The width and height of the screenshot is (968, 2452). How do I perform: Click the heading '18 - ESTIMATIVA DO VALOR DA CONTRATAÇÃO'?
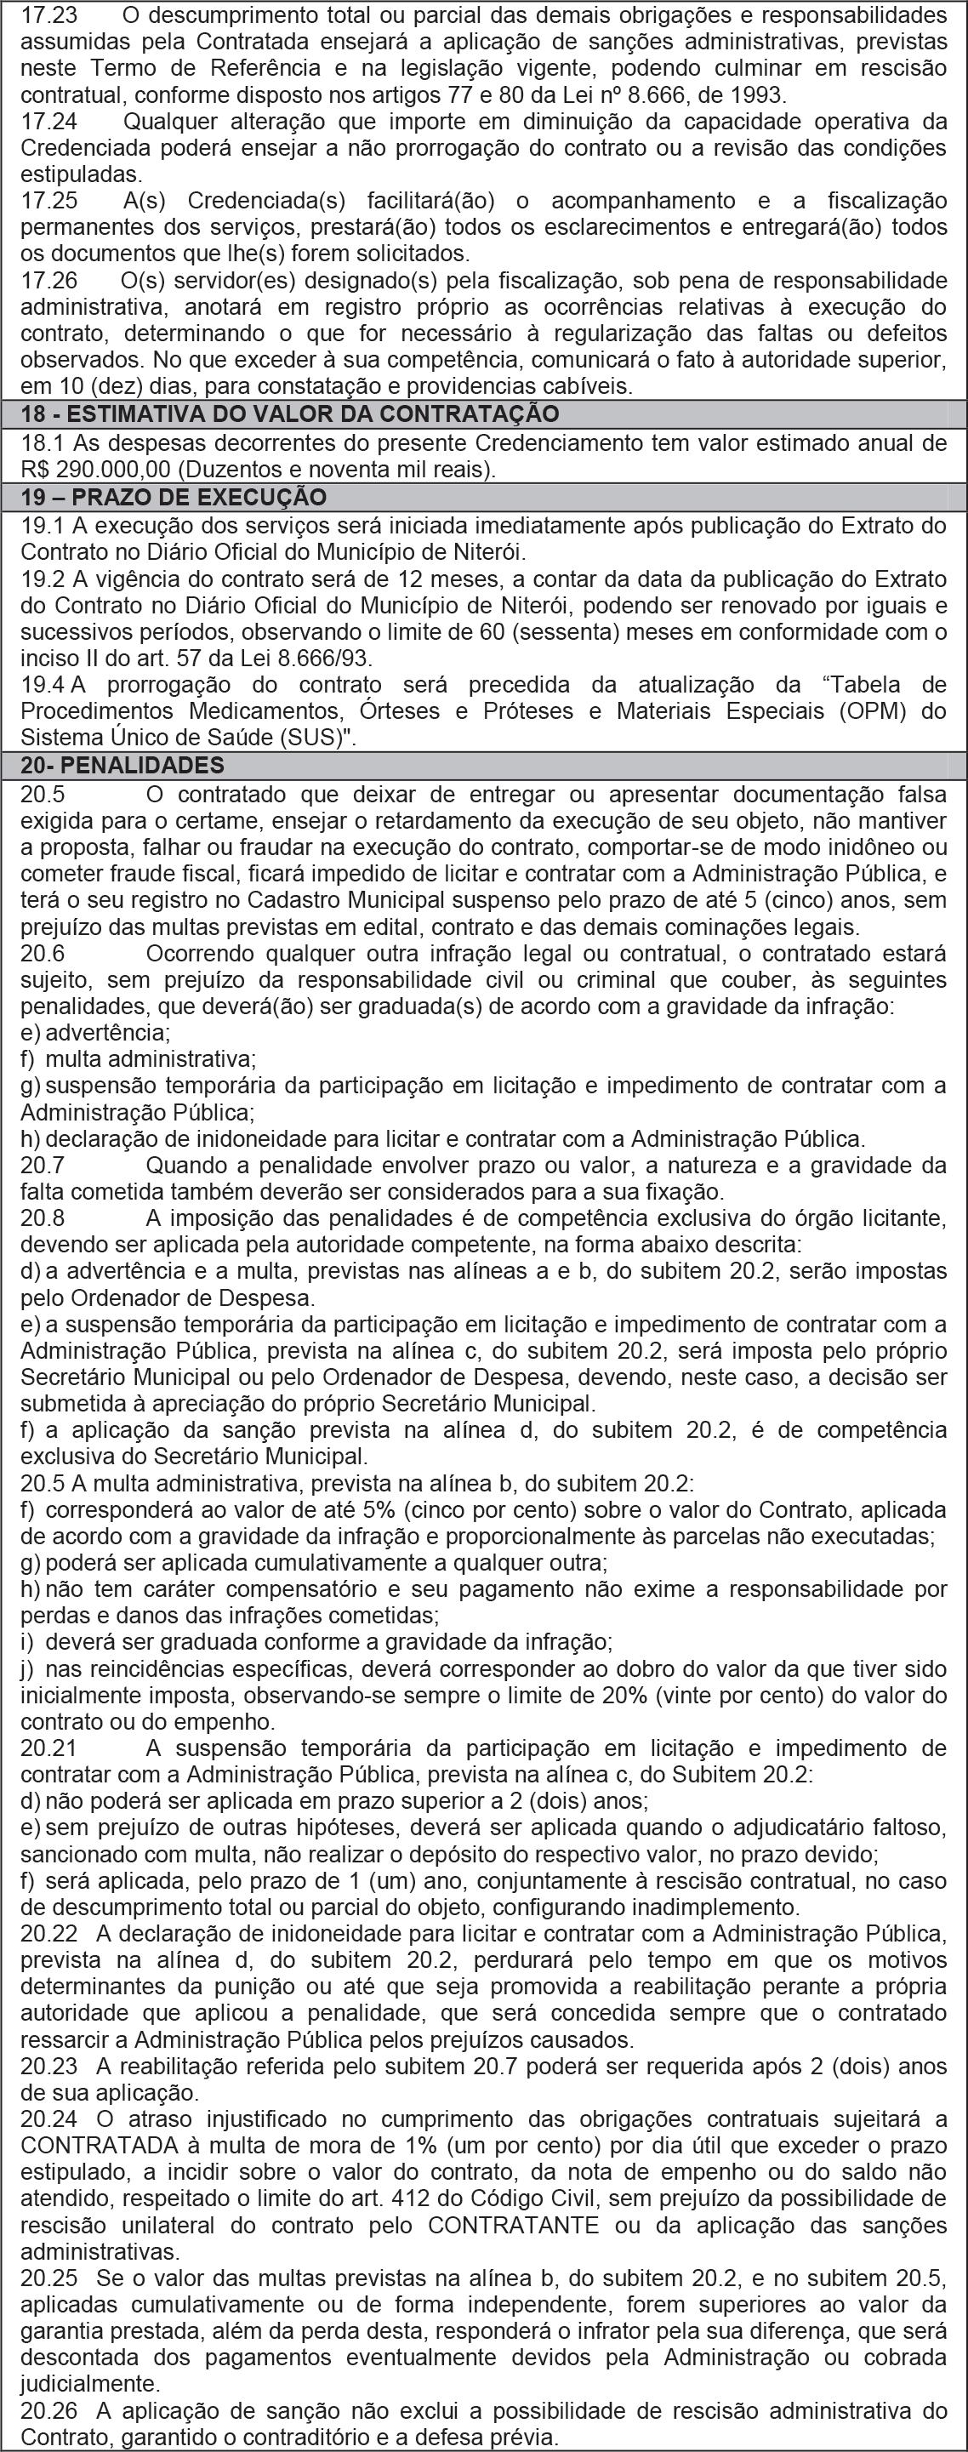click(289, 414)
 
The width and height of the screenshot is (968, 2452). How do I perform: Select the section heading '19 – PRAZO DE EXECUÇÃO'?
click(174, 498)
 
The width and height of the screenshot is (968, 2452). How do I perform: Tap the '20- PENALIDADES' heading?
click(122, 766)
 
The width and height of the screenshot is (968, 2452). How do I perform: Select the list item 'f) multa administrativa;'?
click(138, 1058)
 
